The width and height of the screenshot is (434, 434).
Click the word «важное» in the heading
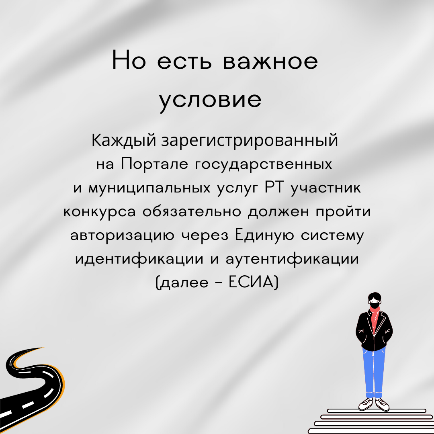[x=270, y=61]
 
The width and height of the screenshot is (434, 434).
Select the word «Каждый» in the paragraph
[x=124, y=141]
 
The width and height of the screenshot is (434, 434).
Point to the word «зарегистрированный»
[x=250, y=141]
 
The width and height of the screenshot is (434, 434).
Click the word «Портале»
[x=155, y=164]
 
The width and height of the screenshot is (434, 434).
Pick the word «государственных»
[x=264, y=164]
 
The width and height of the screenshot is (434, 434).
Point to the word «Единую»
[x=264, y=235]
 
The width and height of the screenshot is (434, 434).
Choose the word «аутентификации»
[x=292, y=260]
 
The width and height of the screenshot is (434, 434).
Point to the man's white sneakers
[x=374, y=404]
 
